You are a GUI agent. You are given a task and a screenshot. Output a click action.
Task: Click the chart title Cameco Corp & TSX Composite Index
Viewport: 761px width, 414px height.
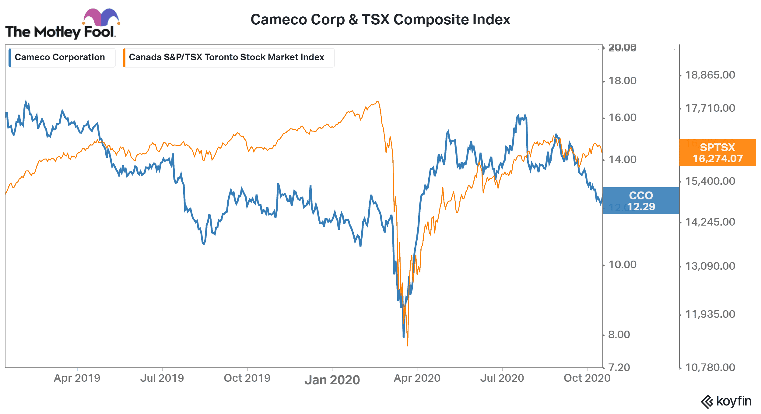380,20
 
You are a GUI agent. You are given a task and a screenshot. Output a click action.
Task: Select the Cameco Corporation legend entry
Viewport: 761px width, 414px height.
60,57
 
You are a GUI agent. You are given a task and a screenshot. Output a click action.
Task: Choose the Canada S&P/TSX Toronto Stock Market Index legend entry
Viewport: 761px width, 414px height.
226,57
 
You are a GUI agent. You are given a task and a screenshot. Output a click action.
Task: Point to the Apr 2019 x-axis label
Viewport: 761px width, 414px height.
77,378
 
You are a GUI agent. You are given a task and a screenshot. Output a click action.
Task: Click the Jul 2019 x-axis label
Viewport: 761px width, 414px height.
162,378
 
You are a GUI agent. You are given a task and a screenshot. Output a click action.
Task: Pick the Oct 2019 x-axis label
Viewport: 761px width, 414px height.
247,378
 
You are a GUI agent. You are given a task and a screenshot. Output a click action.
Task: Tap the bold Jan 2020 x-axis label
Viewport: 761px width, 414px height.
332,380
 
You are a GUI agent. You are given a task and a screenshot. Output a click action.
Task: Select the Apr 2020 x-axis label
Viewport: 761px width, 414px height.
417,378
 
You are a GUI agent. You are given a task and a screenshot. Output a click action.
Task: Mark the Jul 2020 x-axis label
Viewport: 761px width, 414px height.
502,378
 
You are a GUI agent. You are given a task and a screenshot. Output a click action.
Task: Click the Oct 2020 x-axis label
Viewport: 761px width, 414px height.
587,378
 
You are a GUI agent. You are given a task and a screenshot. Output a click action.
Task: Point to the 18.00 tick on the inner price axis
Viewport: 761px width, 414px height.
622,81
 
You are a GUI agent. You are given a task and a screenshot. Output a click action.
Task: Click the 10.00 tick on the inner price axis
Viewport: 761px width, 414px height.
622,265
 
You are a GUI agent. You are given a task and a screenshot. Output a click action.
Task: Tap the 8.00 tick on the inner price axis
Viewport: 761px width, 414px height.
619,335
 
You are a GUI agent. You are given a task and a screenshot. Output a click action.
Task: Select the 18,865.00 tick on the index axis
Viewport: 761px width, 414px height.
710,75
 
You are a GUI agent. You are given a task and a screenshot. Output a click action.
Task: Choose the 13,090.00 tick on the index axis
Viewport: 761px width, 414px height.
710,266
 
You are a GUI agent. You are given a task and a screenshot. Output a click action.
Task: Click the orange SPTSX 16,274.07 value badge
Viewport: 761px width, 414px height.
717,153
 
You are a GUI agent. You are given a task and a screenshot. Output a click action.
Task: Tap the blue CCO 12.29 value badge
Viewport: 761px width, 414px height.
641,201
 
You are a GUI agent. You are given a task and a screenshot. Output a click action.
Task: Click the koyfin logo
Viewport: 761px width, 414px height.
726,401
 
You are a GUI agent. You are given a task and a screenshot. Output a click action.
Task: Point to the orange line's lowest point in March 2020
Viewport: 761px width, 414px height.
408,346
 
